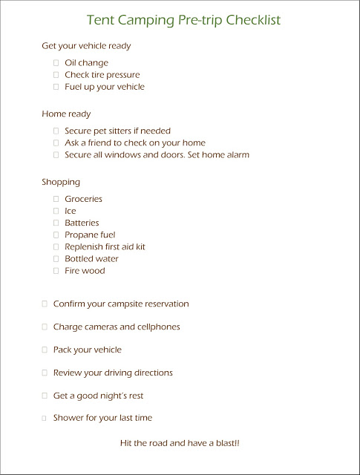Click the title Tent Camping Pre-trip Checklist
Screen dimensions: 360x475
coord(183,20)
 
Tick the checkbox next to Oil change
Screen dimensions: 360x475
coord(56,63)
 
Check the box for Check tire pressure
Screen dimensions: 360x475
coord(56,75)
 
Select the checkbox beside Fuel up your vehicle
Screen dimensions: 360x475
coord(56,87)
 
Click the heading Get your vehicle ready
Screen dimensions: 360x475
coord(86,46)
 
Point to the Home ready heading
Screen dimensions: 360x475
coord(66,114)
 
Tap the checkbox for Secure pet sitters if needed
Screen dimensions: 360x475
coord(56,131)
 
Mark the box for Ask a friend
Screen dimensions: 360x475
coord(56,142)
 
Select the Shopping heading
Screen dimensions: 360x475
coord(61,182)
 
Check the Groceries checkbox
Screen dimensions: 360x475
coord(56,199)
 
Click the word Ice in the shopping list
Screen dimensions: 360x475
coord(71,211)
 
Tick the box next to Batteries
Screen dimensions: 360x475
coord(56,223)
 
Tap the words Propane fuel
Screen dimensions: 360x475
coord(90,235)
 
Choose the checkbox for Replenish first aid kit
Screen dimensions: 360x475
coord(56,246)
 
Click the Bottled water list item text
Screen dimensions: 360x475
coord(91,259)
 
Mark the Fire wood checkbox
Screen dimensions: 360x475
coord(56,271)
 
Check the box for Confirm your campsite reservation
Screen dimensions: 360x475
coord(45,304)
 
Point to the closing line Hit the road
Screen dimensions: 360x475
coord(180,443)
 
